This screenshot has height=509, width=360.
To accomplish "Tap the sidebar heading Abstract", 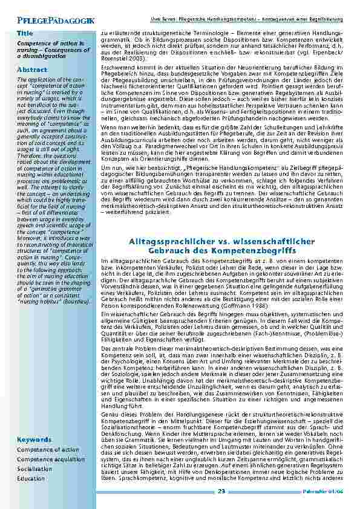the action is click(x=31, y=70).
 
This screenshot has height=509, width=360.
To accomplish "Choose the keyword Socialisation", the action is click(x=35, y=468).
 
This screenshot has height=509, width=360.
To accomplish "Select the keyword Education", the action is click(x=31, y=478).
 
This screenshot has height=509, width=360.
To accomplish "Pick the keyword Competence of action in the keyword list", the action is click(x=48, y=450).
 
